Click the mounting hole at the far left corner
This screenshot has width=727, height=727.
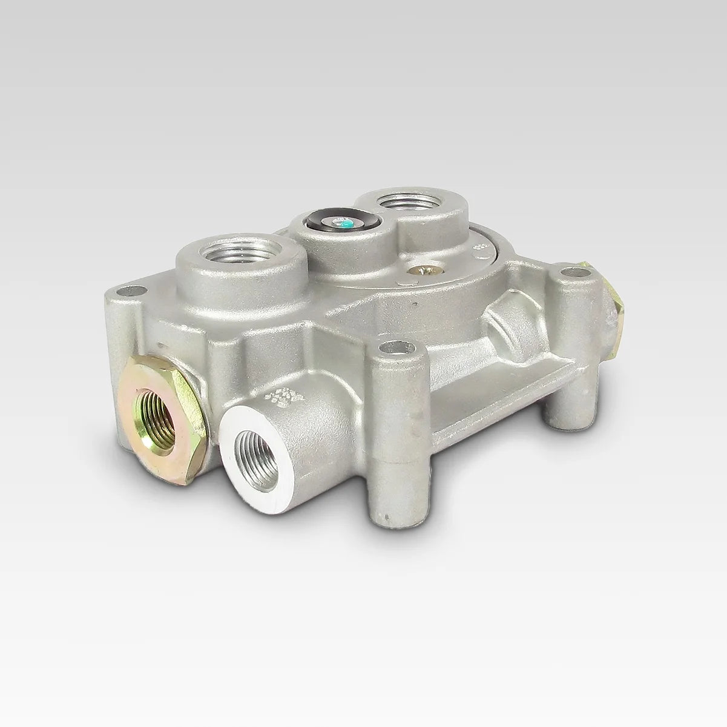[125, 292]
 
